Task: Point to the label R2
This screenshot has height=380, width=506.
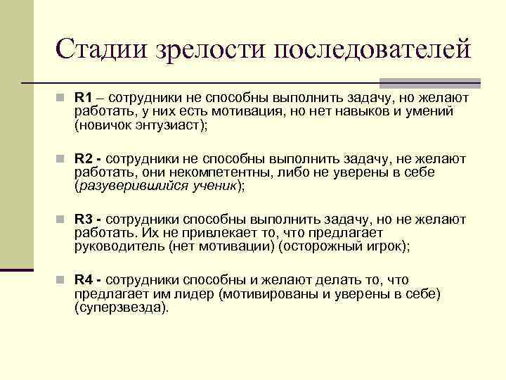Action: [84, 159]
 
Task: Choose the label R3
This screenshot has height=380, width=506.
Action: [84, 220]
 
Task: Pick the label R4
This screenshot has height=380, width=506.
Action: [84, 281]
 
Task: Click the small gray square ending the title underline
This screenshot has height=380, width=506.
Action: [474, 82]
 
